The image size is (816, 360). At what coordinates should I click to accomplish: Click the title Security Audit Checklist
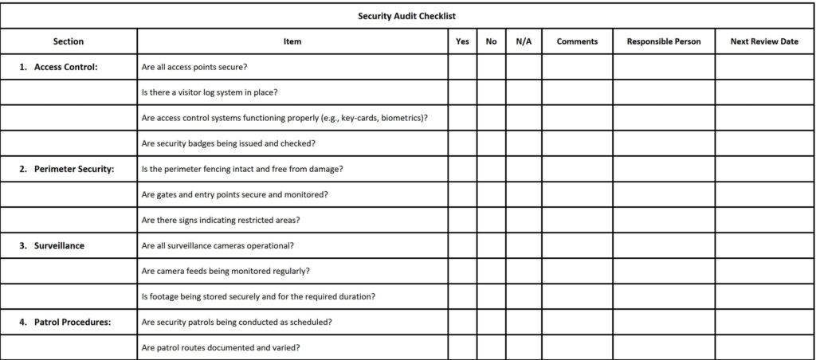tap(407, 15)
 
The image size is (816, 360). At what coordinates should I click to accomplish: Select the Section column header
tap(69, 41)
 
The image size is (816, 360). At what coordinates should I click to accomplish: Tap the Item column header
tap(292, 41)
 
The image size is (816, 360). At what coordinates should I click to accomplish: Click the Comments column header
tap(577, 41)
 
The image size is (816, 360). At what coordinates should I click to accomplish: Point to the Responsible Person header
tap(664, 41)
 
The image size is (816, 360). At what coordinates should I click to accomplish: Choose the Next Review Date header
tap(764, 41)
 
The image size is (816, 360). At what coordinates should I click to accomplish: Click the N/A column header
tap(524, 41)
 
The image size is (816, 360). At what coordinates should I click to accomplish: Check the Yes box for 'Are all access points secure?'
tap(462, 67)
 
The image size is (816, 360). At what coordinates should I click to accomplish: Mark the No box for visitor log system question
tap(491, 92)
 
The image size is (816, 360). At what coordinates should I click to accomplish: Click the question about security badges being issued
tap(228, 143)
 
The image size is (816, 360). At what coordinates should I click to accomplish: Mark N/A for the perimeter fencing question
tap(524, 169)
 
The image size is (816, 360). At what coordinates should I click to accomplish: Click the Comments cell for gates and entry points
tap(577, 194)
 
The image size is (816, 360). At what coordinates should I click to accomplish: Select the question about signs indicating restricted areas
tap(220, 220)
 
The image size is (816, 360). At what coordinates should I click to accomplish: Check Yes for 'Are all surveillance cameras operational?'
tap(462, 245)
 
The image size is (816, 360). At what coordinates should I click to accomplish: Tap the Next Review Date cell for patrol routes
tap(764, 347)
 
